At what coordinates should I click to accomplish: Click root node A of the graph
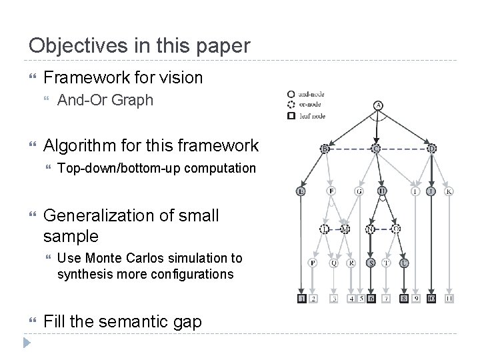pos(378,105)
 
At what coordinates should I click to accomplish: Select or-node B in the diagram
pos(325,148)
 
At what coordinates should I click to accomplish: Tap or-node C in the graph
pos(377,148)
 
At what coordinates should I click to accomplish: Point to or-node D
pos(431,148)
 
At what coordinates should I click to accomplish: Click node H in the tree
pos(382,191)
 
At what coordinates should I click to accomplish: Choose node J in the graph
pos(431,191)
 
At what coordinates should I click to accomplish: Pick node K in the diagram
pos(449,191)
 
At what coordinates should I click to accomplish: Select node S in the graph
pos(371,263)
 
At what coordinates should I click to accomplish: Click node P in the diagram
pos(313,263)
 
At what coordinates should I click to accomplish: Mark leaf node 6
pos(371,298)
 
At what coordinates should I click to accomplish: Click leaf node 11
pos(449,298)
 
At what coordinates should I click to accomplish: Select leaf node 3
pos(333,298)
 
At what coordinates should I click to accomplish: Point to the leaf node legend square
pos(291,115)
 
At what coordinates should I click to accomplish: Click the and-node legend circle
pos(291,94)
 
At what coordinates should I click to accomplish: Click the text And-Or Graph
pos(105,101)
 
